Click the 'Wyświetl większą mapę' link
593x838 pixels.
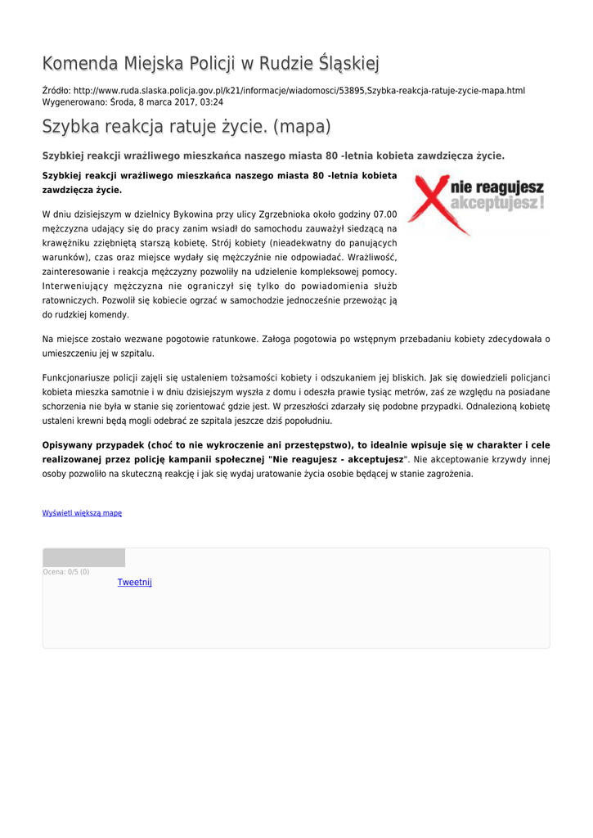click(82, 513)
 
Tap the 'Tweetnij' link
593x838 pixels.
click(134, 583)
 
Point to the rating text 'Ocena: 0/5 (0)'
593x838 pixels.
click(66, 572)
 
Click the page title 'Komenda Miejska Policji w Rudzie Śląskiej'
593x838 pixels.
click(210, 63)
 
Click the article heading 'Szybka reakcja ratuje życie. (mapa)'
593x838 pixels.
click(186, 127)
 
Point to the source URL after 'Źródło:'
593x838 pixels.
click(299, 91)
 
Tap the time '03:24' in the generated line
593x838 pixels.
click(211, 102)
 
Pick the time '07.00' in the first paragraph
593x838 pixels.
click(384, 214)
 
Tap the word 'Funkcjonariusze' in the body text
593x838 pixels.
click(77, 377)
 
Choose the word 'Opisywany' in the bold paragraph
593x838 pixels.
click(67, 445)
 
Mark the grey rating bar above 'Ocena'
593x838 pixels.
click(84, 558)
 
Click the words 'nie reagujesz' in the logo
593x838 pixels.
click(497, 187)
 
